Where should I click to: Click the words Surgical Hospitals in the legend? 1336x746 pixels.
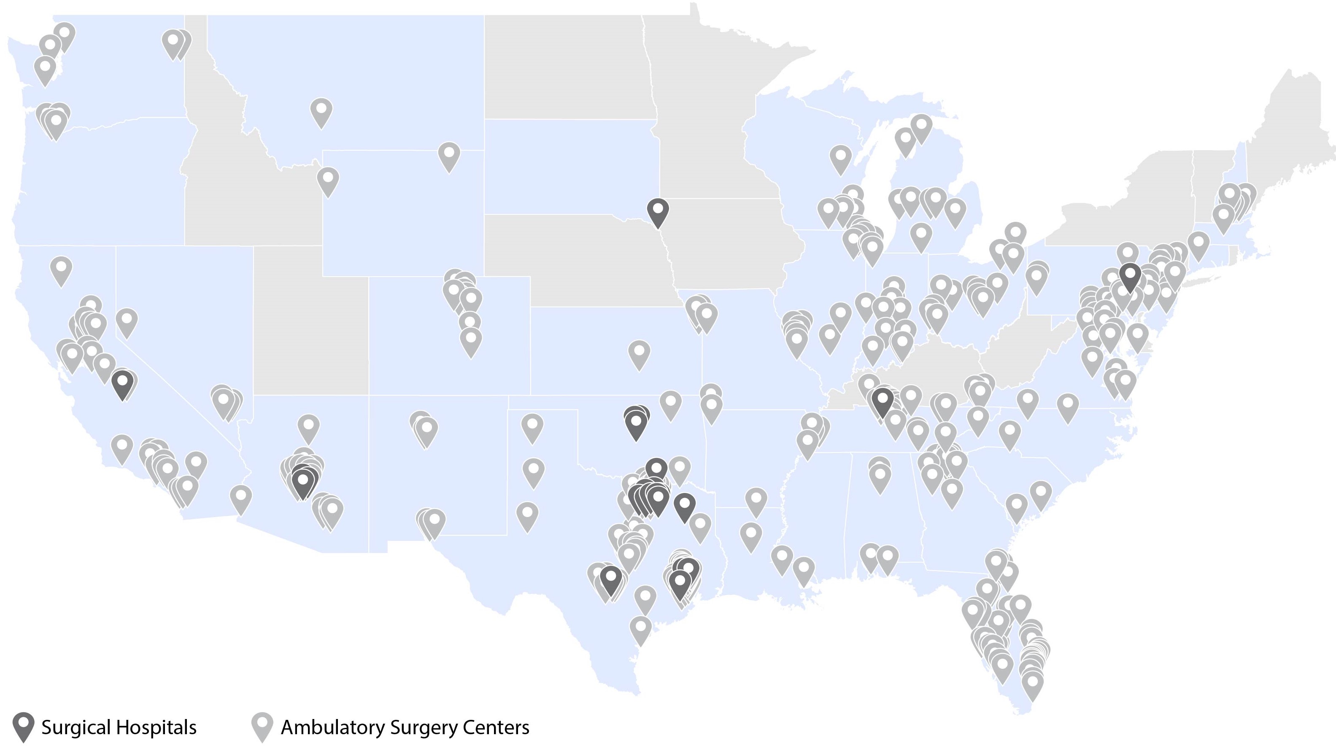(x=119, y=727)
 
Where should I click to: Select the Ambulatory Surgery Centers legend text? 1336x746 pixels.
(x=405, y=727)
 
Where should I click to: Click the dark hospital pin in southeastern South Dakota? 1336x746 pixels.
(x=658, y=212)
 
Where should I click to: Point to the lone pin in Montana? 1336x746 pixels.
(x=321, y=111)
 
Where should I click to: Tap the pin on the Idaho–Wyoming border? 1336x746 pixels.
(x=328, y=180)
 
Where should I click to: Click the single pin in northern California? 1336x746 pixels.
(x=61, y=269)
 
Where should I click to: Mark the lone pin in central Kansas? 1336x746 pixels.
(x=639, y=353)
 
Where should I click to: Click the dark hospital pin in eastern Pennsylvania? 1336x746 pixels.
(x=1130, y=276)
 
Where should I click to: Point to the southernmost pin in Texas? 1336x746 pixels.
(x=640, y=629)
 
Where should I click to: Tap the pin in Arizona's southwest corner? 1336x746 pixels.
(x=240, y=498)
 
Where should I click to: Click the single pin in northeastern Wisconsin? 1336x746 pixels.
(x=841, y=158)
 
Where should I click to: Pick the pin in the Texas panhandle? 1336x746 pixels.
(x=532, y=427)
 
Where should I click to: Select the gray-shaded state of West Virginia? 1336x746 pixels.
(x=1017, y=353)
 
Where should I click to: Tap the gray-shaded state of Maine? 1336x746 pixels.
(x=1297, y=129)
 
